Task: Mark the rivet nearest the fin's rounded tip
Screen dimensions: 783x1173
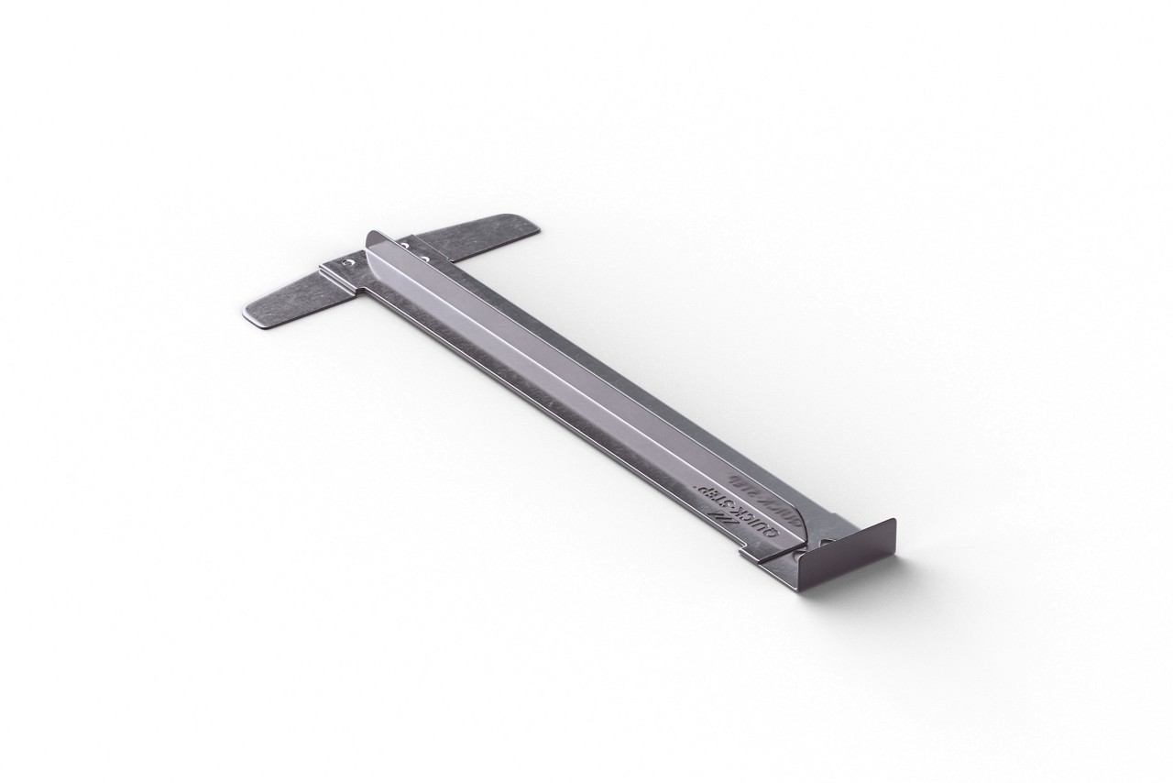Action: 405,245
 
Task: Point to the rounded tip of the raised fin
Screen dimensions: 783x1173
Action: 370,237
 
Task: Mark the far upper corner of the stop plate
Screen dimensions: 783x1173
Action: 892,523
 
